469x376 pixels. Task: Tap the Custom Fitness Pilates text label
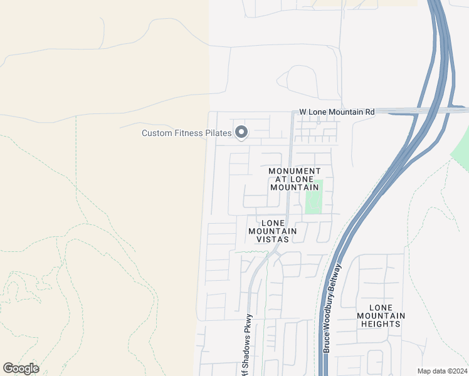(187, 133)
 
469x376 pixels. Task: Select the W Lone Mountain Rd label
(337, 112)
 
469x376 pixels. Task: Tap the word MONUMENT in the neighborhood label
(294, 171)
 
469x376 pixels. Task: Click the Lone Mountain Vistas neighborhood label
(273, 231)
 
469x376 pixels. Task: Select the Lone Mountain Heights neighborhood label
(381, 315)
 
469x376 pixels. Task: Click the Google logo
(21, 368)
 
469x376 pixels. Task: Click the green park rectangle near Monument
(314, 197)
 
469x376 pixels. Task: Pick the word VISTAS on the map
(273, 239)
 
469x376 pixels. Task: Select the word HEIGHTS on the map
(381, 323)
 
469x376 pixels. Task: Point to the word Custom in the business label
(157, 133)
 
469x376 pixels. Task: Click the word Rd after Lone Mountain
(369, 112)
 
